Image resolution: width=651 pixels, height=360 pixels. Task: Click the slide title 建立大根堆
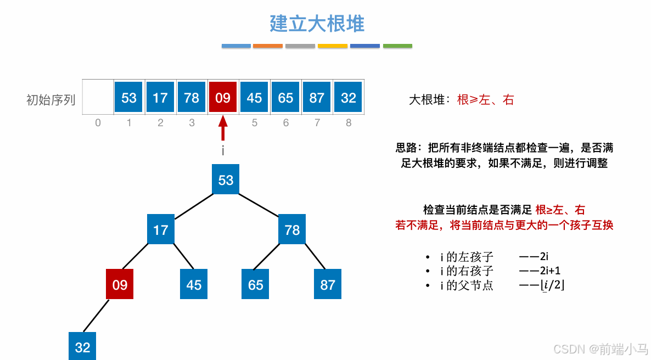(x=317, y=24)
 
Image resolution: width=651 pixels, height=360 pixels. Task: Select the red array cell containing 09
(x=223, y=98)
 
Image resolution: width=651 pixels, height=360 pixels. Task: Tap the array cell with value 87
(x=317, y=98)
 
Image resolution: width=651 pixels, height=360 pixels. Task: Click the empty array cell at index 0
(x=98, y=98)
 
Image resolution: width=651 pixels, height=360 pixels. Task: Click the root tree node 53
(x=226, y=180)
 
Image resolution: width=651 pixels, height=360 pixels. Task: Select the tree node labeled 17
(x=160, y=229)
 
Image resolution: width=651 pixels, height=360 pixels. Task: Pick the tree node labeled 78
(x=292, y=229)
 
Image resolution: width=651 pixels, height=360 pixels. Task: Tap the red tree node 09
(x=120, y=284)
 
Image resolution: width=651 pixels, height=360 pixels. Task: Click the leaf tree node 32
(x=82, y=347)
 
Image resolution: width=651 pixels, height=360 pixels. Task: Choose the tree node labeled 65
(x=255, y=284)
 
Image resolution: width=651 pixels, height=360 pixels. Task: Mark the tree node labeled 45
(x=194, y=284)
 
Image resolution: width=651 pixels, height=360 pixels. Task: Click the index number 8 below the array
(x=349, y=123)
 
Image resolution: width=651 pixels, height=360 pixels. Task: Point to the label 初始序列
(x=50, y=100)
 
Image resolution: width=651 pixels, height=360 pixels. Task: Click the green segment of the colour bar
(x=397, y=46)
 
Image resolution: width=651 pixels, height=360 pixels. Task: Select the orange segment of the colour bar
(x=268, y=46)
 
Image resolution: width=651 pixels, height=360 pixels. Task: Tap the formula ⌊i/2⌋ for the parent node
(x=552, y=285)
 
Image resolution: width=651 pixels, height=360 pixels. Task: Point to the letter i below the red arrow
(x=223, y=150)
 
